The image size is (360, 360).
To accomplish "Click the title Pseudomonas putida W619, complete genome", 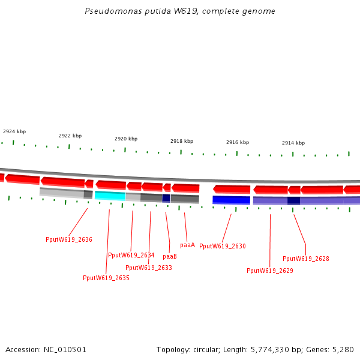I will (180, 11).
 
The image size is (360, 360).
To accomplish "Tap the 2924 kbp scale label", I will (14, 131).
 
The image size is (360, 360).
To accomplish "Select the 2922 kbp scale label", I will (70, 136).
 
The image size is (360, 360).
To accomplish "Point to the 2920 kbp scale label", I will (126, 139).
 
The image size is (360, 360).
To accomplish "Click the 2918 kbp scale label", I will (182, 142).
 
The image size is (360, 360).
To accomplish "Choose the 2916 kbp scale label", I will (238, 143).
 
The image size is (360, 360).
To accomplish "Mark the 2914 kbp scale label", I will (293, 143).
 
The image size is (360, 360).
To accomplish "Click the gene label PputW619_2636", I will (69, 239).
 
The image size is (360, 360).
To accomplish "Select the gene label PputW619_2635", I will (106, 278).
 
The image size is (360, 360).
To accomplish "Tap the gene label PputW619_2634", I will (131, 255).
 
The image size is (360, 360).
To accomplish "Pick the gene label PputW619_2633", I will (149, 268).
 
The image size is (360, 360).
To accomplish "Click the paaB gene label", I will (170, 256).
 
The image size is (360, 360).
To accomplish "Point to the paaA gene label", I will (188, 245).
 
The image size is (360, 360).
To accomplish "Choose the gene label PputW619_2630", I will (223, 246).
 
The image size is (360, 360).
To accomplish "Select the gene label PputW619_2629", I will (270, 271).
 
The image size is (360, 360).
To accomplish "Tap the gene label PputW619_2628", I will (306, 259).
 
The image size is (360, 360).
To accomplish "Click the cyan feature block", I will (110, 196).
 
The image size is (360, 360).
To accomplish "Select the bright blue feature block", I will (231, 200).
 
